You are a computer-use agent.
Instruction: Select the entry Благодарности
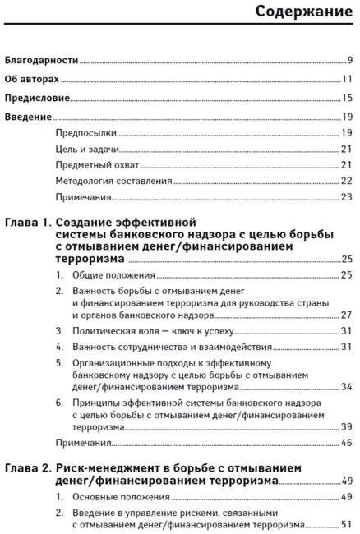42,60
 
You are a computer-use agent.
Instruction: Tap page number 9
350,60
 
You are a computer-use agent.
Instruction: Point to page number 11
347,79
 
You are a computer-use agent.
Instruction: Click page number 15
347,98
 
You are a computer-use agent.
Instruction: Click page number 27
347,315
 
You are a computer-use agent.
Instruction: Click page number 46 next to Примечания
347,443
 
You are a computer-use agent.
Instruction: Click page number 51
347,524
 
